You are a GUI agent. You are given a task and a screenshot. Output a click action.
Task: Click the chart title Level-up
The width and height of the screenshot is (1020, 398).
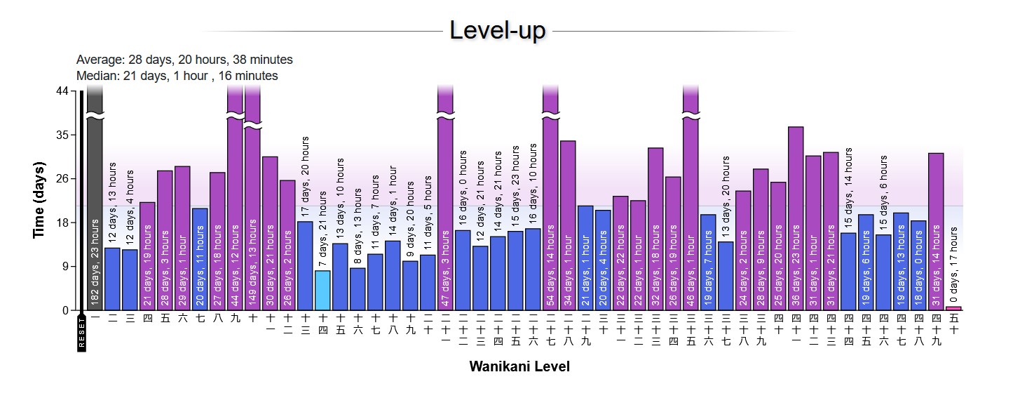tap(498, 30)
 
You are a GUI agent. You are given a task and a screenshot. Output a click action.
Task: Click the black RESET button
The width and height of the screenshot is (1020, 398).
tap(81, 333)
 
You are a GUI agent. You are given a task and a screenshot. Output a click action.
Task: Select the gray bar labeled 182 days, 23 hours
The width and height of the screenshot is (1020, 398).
tap(95, 211)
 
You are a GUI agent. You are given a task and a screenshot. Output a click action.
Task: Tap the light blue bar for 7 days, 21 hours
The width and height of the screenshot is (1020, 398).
tap(322, 291)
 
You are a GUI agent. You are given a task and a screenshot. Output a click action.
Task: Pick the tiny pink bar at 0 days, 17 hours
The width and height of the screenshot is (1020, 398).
tap(953, 308)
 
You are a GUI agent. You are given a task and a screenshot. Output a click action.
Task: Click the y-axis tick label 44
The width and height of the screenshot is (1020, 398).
tap(62, 91)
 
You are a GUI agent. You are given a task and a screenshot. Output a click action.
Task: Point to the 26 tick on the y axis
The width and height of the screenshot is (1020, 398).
tap(62, 179)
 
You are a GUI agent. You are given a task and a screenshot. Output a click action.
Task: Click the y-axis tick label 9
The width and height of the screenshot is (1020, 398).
tap(65, 267)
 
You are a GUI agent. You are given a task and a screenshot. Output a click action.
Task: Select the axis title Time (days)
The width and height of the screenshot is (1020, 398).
tap(39, 200)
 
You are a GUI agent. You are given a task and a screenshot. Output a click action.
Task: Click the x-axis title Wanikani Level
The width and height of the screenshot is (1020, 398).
tap(519, 366)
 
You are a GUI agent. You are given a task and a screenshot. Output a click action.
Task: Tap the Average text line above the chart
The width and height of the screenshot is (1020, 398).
tap(184, 60)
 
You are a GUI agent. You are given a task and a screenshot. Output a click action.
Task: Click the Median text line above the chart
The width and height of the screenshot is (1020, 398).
tap(177, 76)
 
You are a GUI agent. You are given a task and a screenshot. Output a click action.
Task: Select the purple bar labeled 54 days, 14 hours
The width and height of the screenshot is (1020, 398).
tap(550, 211)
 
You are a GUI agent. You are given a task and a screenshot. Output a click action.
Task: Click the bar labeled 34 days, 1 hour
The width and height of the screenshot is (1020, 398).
tap(568, 225)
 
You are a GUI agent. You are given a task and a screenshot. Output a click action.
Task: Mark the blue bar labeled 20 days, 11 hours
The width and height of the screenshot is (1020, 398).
tap(200, 260)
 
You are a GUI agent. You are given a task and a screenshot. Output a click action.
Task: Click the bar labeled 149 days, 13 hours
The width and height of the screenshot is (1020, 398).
tap(252, 211)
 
